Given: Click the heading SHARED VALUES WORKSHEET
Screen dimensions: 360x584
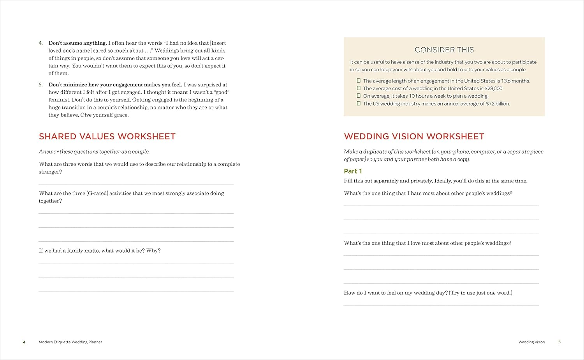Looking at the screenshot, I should pyautogui.click(x=107, y=137).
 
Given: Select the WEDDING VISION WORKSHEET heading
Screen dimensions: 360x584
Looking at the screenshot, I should pyautogui.click(x=414, y=137).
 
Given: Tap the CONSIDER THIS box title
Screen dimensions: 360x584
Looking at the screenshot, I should pyautogui.click(x=444, y=50).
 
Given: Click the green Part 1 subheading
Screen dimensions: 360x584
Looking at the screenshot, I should pyautogui.click(x=353, y=171).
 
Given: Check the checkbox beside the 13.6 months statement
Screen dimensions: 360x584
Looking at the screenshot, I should pyautogui.click(x=359, y=81).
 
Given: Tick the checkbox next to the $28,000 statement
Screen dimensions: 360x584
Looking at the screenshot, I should pyautogui.click(x=359, y=88).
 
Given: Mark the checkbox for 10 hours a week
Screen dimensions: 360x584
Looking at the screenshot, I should pyautogui.click(x=359, y=96).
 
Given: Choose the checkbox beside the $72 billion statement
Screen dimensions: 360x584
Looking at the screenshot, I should pyautogui.click(x=359, y=104).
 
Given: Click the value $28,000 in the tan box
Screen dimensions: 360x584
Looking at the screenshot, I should pyautogui.click(x=494, y=89).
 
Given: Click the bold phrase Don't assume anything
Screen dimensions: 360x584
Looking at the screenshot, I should pyautogui.click(x=77, y=43).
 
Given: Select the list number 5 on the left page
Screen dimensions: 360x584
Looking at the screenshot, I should pyautogui.click(x=40, y=85).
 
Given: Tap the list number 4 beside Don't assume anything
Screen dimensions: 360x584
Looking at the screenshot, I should pyautogui.click(x=40, y=43).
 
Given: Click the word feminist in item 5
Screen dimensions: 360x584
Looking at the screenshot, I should pyautogui.click(x=60, y=100).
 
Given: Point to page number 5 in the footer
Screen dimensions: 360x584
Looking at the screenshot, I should pyautogui.click(x=559, y=342).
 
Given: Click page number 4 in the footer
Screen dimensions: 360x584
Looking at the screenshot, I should pyautogui.click(x=24, y=342).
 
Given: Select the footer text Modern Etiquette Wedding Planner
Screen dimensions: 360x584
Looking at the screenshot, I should pyautogui.click(x=70, y=342).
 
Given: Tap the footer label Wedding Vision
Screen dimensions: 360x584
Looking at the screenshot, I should pyautogui.click(x=531, y=342).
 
